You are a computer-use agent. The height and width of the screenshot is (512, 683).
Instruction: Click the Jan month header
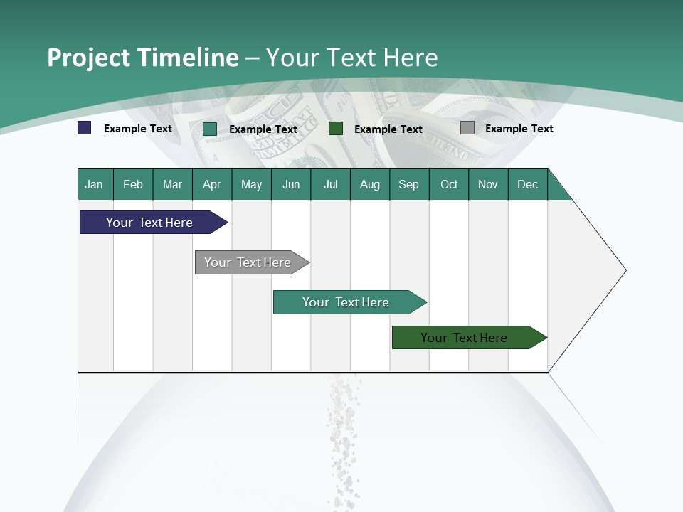95,184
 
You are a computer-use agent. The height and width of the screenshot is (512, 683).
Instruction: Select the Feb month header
133,184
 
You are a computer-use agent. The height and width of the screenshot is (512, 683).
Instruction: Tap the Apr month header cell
212,184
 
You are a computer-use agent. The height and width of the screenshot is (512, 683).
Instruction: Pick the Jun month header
291,184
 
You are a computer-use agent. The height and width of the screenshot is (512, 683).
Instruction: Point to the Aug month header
370,184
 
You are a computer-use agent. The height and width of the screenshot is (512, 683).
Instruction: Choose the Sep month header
409,184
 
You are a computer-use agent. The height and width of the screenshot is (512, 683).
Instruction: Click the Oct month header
449,184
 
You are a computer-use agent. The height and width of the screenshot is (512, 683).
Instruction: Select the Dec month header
528,184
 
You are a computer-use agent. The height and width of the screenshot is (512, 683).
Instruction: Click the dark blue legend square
85,128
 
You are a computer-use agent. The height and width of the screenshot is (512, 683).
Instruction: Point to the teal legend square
210,129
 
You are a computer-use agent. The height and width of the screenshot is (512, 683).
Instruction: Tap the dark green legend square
336,128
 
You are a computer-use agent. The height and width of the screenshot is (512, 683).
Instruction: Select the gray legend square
467,128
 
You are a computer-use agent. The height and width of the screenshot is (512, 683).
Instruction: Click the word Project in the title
90,58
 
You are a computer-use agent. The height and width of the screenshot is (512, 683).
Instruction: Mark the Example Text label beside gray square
519,129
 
